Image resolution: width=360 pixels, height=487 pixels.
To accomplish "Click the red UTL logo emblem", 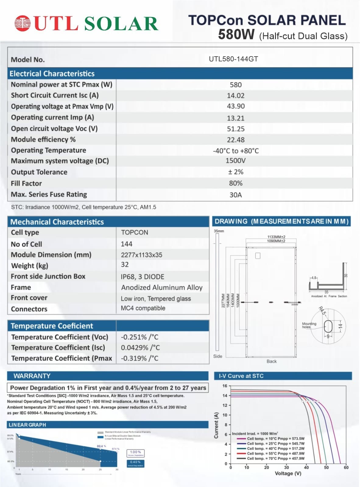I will (23, 23).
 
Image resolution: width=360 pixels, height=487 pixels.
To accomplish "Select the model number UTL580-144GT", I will (233, 59).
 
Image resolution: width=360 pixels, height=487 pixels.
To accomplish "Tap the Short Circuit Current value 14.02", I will (235, 96).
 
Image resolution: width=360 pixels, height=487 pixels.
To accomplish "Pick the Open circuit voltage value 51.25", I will (235, 129).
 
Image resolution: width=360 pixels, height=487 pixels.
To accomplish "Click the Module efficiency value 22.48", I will (235, 140).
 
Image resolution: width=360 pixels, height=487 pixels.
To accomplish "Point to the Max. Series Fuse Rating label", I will (49, 194).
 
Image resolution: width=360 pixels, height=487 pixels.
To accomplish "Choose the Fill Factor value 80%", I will (235, 183).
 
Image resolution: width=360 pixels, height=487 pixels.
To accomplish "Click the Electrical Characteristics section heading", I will (52, 74).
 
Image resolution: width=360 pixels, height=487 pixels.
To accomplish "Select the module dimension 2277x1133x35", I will (141, 255).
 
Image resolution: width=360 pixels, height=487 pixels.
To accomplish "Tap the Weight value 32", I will (125, 265).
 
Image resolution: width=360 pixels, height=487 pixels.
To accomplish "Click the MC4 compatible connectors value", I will (143, 308).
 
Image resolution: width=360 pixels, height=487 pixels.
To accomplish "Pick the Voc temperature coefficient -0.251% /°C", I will (139, 337).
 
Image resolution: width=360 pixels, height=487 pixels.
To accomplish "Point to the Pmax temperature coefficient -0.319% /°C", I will (139, 358).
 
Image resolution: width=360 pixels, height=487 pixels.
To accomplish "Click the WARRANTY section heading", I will (32, 376).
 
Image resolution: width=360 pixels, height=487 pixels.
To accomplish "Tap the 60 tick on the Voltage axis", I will (346, 468).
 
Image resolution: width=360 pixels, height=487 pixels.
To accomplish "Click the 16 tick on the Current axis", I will (225, 386).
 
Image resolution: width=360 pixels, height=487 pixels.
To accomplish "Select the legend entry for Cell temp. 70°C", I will (275, 458).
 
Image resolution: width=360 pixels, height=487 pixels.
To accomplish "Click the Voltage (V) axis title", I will (288, 473).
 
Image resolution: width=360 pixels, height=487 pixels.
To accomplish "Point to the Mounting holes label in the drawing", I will (309, 325).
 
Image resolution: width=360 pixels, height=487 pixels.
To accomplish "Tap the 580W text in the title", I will (236, 34).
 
